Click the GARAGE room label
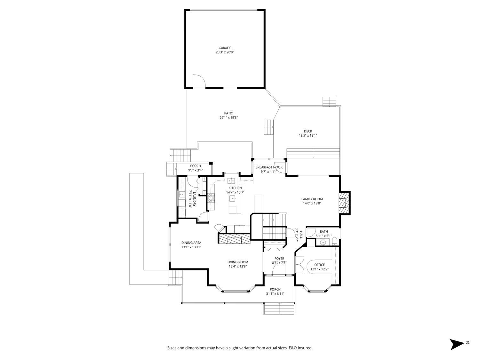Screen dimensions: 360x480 [225, 48]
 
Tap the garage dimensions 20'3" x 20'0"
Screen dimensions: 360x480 [225, 52]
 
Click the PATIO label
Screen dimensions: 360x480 [228, 113]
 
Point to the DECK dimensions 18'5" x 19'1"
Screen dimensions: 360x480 [308, 135]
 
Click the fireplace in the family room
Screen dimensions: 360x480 [344, 203]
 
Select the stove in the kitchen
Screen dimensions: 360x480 [211, 198]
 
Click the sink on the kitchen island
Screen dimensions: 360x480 [233, 199]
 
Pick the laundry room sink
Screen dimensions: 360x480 [182, 195]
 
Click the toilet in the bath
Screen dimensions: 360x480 [335, 241]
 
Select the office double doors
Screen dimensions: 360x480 [300, 264]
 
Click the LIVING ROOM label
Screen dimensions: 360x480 [238, 262]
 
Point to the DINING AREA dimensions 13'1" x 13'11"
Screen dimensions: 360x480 [191, 247]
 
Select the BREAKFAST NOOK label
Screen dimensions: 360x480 [269, 167]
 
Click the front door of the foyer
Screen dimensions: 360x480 [279, 275]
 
